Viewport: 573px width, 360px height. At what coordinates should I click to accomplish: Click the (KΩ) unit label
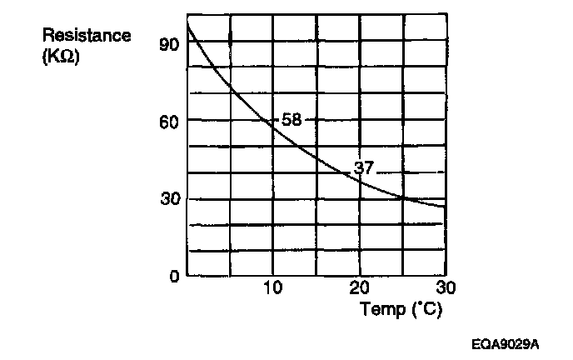click(x=59, y=58)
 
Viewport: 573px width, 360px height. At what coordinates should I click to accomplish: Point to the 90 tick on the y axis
click(x=168, y=43)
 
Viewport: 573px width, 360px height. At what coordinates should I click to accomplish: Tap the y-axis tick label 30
click(x=168, y=199)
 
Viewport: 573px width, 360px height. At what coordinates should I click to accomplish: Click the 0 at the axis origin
click(x=173, y=276)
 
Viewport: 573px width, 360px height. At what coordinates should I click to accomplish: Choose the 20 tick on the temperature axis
click(x=360, y=288)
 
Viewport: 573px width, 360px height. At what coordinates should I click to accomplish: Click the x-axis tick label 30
click(x=446, y=288)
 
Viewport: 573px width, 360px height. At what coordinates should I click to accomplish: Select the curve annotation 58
click(x=291, y=120)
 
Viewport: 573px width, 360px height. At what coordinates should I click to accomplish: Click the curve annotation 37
click(x=364, y=167)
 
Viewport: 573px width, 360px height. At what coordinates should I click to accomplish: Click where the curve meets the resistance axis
click(x=187, y=25)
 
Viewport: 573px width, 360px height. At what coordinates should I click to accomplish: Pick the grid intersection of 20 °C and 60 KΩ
click(x=360, y=120)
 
